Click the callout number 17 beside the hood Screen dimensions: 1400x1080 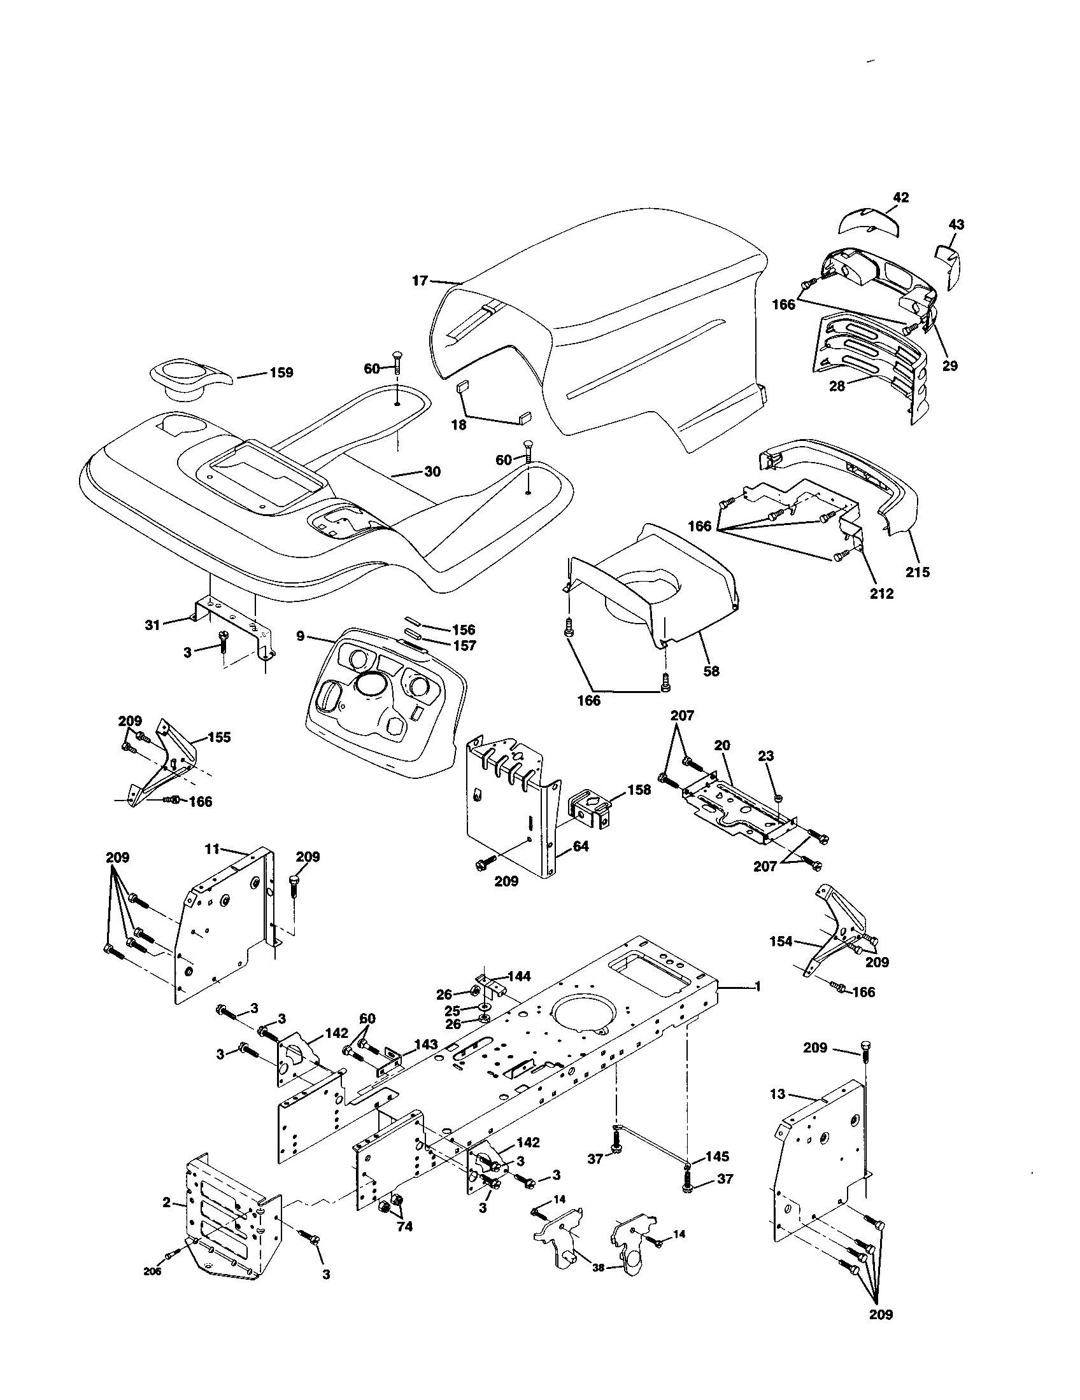pyautogui.click(x=420, y=281)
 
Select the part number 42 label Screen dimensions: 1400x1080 pyautogui.click(x=900, y=197)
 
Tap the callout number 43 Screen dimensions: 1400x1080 pyautogui.click(x=956, y=225)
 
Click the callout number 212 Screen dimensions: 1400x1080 pyautogui.click(x=881, y=594)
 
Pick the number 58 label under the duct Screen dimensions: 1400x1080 pyautogui.click(x=711, y=671)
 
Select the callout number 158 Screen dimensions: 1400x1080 pyautogui.click(x=638, y=790)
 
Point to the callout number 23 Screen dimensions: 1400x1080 pyautogui.click(x=766, y=756)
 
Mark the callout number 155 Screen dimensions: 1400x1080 pyautogui.click(x=219, y=737)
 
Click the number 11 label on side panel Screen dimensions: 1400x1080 pyautogui.click(x=212, y=850)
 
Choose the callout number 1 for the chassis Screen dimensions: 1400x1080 pyautogui.click(x=757, y=986)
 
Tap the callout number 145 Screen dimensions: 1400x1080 pyautogui.click(x=717, y=1156)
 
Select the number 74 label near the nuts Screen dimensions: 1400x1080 pyautogui.click(x=404, y=1227)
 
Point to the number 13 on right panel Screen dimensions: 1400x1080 pyautogui.click(x=778, y=1095)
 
